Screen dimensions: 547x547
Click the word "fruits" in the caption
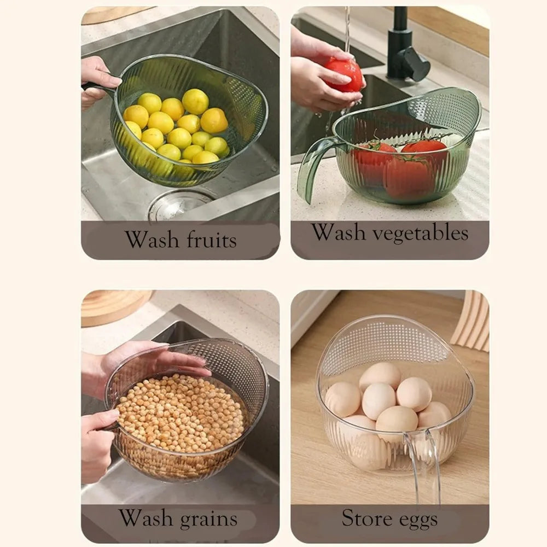tap(212, 240)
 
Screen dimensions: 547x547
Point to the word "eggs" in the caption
tap(418, 520)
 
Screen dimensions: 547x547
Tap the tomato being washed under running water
tap(344, 74)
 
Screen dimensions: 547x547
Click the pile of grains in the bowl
tap(179, 412)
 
